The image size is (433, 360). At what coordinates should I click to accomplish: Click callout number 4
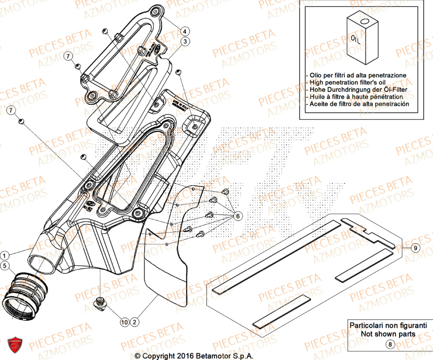coord(184,31)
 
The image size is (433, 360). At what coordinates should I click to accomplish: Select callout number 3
coord(185,42)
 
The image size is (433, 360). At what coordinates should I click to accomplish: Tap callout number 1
coord(4,255)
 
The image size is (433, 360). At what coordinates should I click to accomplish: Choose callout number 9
coord(415,248)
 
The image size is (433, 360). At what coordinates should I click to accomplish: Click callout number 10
coord(125,322)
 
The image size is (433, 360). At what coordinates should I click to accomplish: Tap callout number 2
coord(135,322)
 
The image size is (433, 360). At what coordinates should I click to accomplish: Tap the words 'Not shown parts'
coord(388,334)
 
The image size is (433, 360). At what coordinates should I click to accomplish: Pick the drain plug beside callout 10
coord(101,303)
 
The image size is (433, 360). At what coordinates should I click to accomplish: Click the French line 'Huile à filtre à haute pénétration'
coord(356,97)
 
